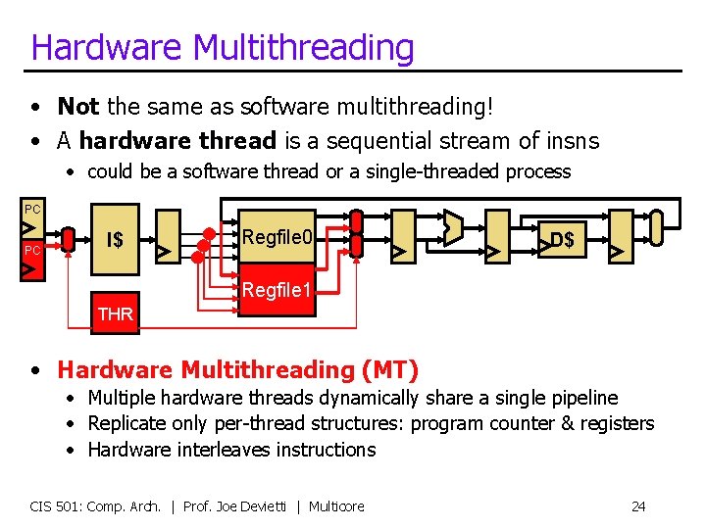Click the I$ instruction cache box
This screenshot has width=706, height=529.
116,240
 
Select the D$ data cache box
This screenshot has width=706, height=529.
562,240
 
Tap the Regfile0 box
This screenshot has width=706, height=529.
277,237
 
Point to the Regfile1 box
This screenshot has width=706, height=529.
277,291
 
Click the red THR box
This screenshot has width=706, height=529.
116,314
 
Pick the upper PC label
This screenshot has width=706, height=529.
32,210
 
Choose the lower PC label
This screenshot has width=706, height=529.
32,251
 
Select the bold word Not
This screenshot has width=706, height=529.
77,106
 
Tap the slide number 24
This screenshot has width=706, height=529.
638,506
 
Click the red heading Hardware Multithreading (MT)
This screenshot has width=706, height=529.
237,370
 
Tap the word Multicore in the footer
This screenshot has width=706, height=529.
336,506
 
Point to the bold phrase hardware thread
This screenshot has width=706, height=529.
177,141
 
